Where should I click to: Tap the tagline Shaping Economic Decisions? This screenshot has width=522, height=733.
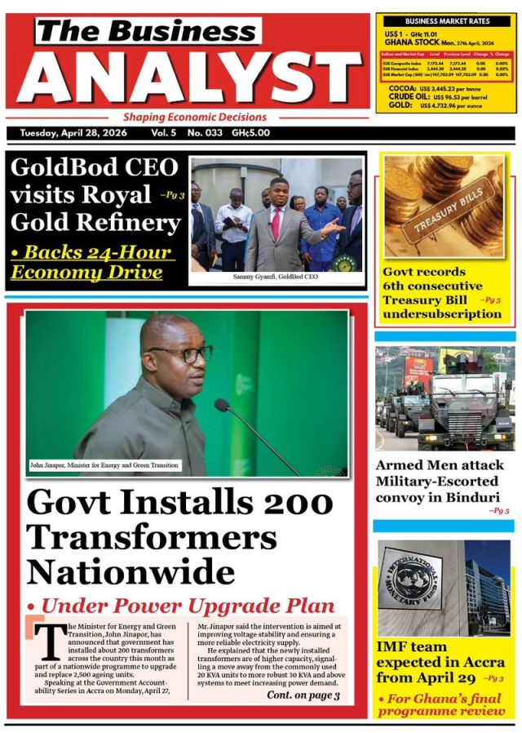coord(195,117)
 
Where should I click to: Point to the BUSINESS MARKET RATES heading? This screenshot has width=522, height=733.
coord(447,20)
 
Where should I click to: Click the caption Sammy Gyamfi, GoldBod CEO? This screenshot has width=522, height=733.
coord(275,277)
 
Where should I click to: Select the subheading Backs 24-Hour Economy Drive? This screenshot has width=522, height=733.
coord(91,262)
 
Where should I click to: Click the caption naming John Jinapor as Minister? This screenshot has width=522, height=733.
coord(104,465)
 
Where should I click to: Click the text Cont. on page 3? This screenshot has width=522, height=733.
coord(303,695)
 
